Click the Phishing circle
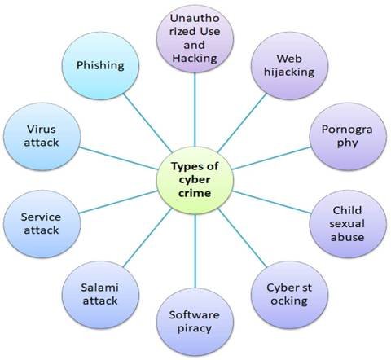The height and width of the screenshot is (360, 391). [x=100, y=66]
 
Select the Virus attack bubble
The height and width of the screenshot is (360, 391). [x=42, y=137]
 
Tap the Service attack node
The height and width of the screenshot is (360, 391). [x=42, y=224]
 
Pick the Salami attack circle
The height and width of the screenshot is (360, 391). [x=100, y=295]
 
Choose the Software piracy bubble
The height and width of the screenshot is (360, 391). [x=195, y=322]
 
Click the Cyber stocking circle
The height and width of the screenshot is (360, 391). [x=289, y=295]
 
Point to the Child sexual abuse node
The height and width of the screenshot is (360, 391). [x=348, y=224]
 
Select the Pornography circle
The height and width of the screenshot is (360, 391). [x=348, y=137]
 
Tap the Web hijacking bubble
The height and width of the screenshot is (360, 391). [x=289, y=66]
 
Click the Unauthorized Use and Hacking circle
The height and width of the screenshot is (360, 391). [x=195, y=39]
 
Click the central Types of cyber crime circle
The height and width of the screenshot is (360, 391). [x=195, y=180]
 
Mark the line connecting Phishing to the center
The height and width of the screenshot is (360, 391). [x=147, y=123]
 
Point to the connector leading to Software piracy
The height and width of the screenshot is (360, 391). [x=195, y=251]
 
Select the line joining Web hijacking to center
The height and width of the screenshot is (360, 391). [x=242, y=123]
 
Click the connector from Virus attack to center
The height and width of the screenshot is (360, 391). [x=118, y=159]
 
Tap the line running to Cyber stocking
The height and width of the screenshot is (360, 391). [x=242, y=238]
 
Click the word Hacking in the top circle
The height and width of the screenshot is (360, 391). [x=195, y=59]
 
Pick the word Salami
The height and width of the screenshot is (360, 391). [x=99, y=288]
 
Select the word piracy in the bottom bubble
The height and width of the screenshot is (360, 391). [x=195, y=329]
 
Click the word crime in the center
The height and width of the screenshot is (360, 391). [x=195, y=193]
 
